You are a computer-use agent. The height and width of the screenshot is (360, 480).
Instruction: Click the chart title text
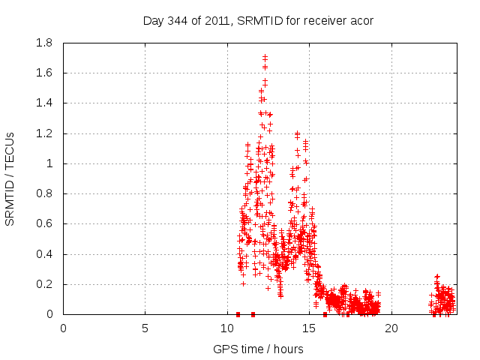(x=258, y=20)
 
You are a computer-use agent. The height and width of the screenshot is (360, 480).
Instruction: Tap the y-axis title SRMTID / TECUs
(x=10, y=178)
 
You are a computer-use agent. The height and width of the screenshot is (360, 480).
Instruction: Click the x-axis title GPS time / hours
(x=259, y=349)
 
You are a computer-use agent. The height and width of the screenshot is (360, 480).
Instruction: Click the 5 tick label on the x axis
(x=145, y=328)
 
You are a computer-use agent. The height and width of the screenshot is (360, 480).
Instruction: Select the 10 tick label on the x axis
(x=227, y=328)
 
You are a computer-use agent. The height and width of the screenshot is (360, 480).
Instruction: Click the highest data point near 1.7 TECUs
(x=265, y=56)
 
